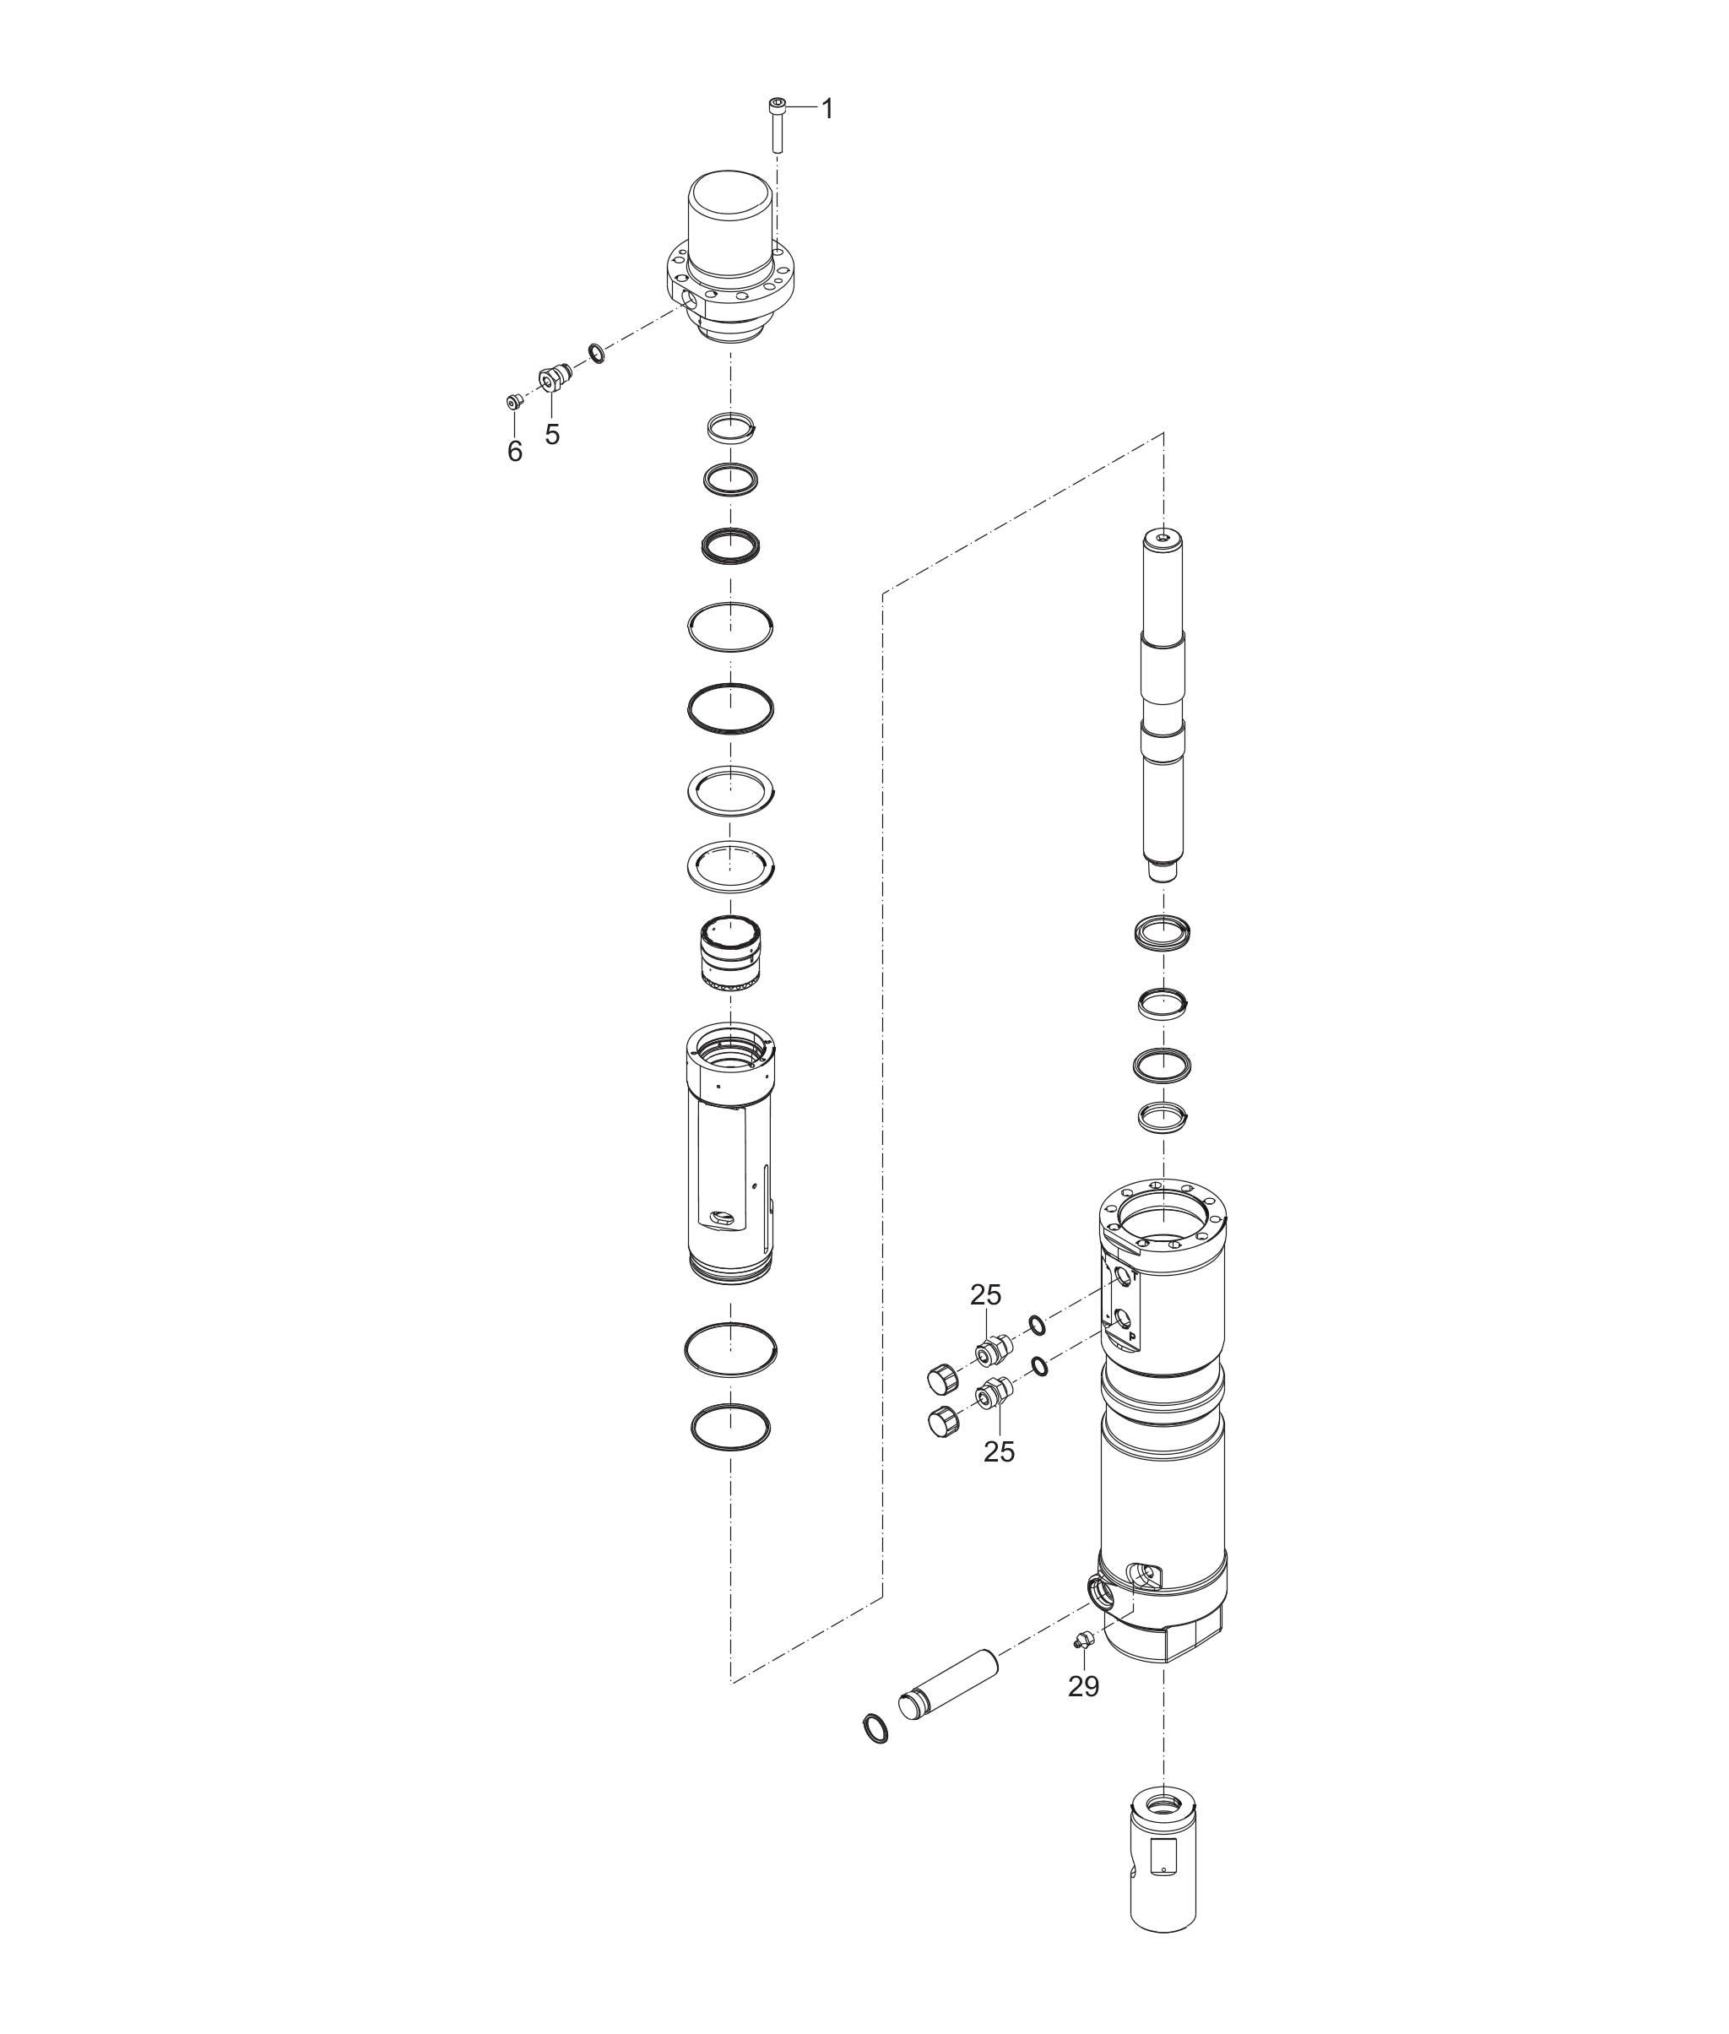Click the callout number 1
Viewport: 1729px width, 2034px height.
pyautogui.click(x=827, y=109)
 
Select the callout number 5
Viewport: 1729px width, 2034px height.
pyautogui.click(x=553, y=434)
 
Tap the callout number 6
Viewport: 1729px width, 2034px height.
pyautogui.click(x=515, y=451)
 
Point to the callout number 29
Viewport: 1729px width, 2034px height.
pyautogui.click(x=1083, y=1686)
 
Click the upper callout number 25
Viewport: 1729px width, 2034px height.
pyautogui.click(x=986, y=1295)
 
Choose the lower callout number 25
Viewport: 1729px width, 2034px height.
pyautogui.click(x=999, y=1451)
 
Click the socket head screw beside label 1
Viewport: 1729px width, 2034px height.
pyautogui.click(x=778, y=123)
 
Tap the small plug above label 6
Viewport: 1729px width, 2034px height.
pyautogui.click(x=512, y=401)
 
